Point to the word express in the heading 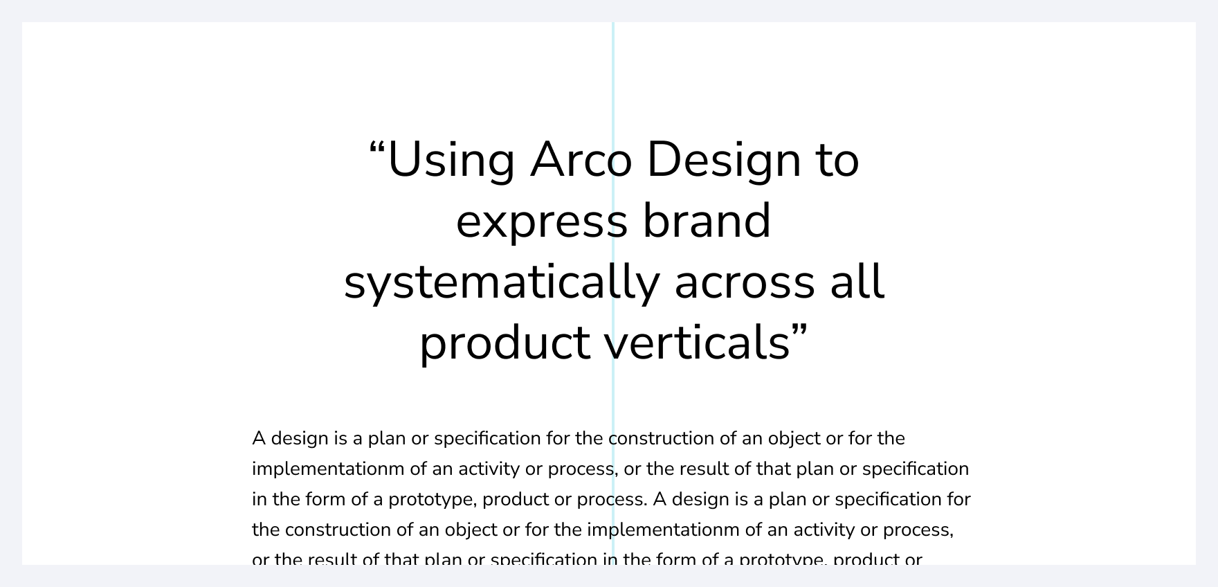(x=541, y=222)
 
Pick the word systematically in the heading (x=501, y=282)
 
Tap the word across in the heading (x=745, y=282)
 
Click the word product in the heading (x=505, y=343)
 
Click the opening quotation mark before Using (x=377, y=148)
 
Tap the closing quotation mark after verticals (x=799, y=331)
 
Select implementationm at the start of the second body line (x=328, y=469)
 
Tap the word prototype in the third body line (x=431, y=500)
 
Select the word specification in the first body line (x=487, y=439)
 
